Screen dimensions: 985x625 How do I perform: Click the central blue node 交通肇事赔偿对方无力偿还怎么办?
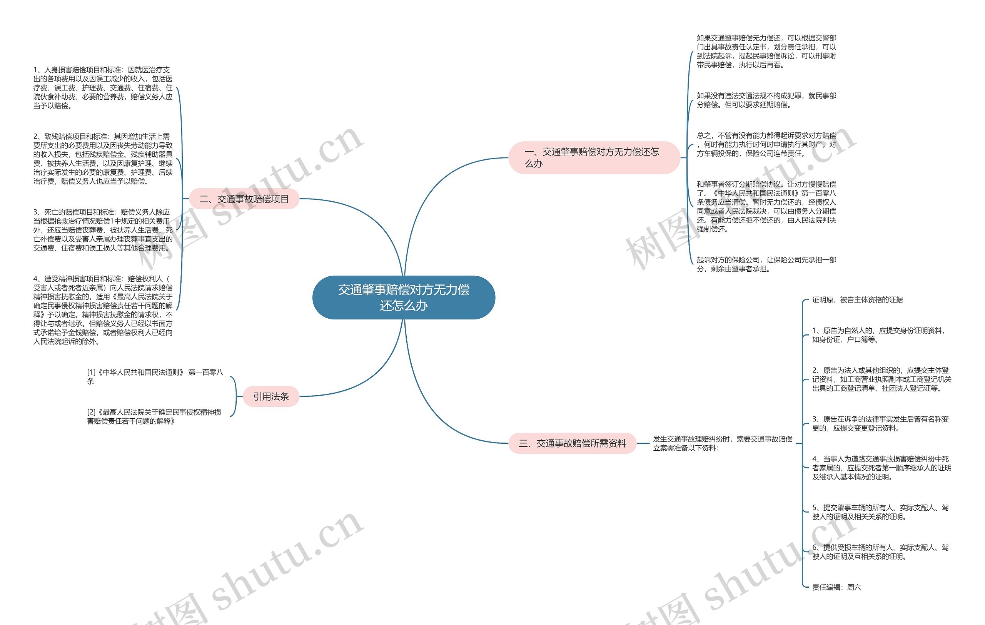403,297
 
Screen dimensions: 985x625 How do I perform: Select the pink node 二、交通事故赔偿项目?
244,199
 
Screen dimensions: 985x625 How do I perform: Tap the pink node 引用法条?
271,396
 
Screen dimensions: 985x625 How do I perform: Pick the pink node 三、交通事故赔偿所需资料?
572,443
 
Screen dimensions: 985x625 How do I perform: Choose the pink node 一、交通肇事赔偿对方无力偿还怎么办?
594,157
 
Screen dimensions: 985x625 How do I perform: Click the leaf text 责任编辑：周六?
836,587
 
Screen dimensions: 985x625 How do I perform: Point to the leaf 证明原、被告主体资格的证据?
857,300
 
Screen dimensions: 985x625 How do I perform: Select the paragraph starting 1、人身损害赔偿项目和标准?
103,87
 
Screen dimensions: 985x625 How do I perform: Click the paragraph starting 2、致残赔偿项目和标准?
103,159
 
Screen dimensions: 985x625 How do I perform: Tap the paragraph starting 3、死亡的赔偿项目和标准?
103,230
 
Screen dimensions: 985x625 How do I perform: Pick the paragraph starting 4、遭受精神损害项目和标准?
103,310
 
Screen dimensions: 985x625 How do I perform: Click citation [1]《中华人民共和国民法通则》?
155,376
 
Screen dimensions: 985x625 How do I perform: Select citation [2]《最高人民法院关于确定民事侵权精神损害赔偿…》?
154,416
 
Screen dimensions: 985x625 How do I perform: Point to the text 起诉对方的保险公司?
766,264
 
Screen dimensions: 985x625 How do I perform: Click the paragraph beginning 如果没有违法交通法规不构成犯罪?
766,100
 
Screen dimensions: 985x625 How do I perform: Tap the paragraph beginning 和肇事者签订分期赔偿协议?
766,207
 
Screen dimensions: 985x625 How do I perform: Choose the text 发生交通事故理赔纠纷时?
722,443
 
